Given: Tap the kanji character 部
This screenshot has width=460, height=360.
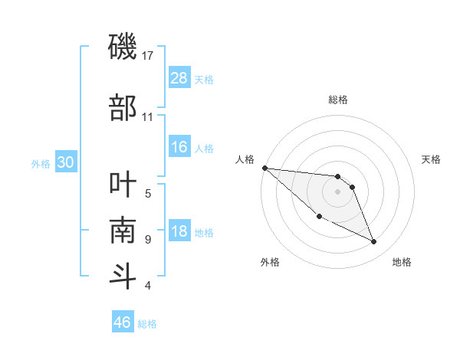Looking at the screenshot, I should pyautogui.click(x=123, y=108).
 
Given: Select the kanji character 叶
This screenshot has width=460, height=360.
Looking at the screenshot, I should pyautogui.click(x=123, y=185).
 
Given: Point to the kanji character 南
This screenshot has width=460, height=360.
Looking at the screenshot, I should pyautogui.click(x=123, y=231).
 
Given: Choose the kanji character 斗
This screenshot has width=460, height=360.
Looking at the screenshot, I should pyautogui.click(x=123, y=277).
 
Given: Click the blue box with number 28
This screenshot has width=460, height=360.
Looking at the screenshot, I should pyautogui.click(x=179, y=77).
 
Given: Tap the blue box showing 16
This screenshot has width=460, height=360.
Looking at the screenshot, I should pyautogui.click(x=179, y=147).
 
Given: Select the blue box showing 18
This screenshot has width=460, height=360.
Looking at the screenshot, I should pyautogui.click(x=179, y=232).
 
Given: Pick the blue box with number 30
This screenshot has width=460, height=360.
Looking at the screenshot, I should pyautogui.click(x=65, y=162).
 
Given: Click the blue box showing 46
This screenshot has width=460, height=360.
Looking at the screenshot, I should pyautogui.click(x=123, y=322).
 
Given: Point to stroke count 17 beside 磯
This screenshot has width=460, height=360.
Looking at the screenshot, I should pyautogui.click(x=149, y=55).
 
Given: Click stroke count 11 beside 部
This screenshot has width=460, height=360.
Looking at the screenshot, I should pyautogui.click(x=148, y=117).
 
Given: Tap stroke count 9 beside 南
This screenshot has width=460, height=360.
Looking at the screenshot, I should pyautogui.click(x=148, y=240).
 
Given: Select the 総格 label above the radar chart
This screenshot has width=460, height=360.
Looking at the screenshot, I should pyautogui.click(x=337, y=100).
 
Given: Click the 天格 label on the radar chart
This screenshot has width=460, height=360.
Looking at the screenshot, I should pyautogui.click(x=432, y=159).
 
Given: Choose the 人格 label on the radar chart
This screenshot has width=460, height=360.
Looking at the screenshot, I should pyautogui.click(x=245, y=159).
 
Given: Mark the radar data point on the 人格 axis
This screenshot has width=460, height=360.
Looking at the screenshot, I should pyautogui.click(x=264, y=168).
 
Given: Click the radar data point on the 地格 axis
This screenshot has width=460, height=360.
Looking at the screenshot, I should pyautogui.click(x=374, y=242).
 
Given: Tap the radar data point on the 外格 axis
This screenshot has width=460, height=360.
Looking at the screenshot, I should pyautogui.click(x=319, y=217).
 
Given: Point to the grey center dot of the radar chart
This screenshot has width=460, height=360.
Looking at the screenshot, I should pyautogui.click(x=337, y=191).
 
